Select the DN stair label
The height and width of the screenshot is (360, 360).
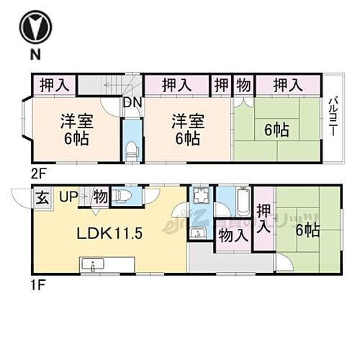point(132,103)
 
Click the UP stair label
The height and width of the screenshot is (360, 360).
point(68,196)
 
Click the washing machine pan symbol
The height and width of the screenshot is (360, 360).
point(199,199)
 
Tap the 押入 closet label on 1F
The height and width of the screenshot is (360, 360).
point(264,217)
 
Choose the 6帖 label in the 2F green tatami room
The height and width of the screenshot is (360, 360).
point(276,130)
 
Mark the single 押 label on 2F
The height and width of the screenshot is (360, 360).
point(222,85)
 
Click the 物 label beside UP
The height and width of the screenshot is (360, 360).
point(100,196)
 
